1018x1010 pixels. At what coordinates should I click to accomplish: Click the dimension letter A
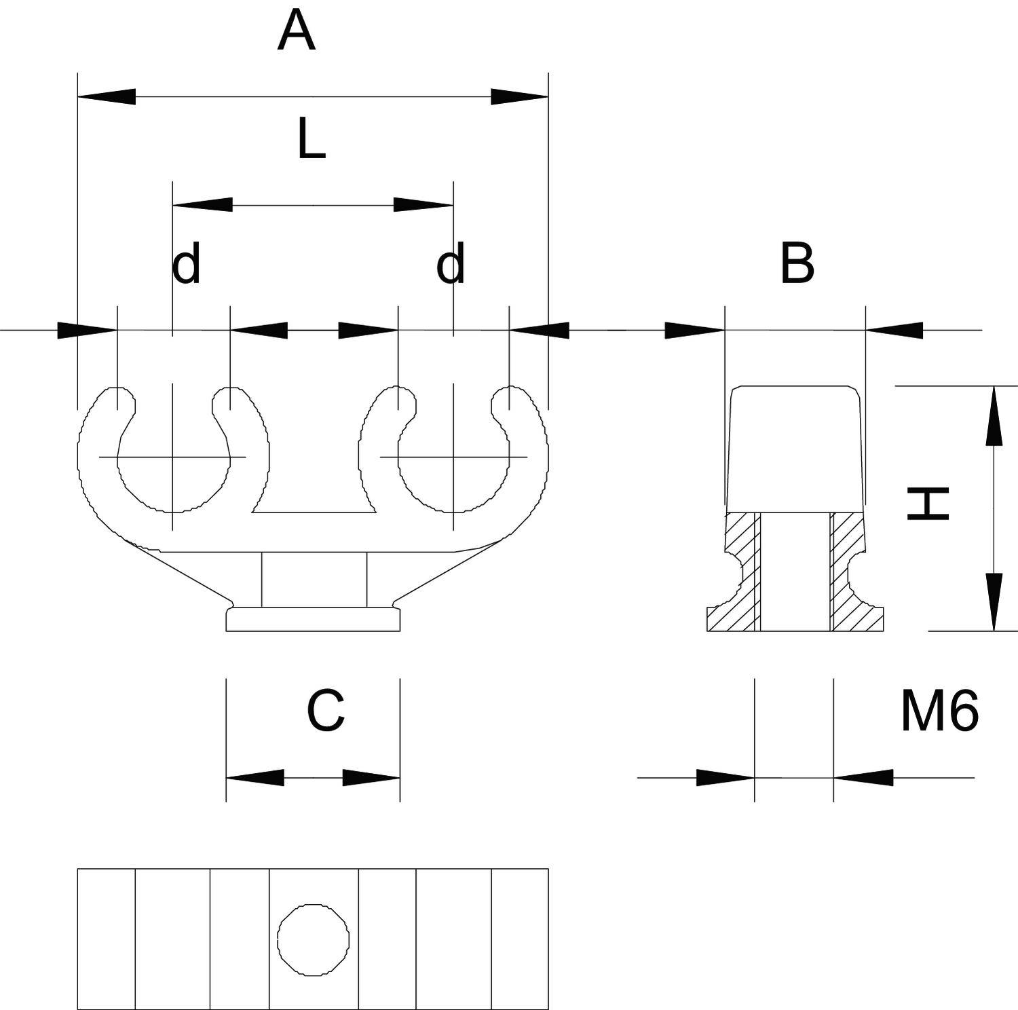297,32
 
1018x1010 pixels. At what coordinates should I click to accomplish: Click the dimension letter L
311,139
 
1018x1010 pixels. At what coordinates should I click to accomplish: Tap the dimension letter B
797,263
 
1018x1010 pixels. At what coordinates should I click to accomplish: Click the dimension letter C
326,711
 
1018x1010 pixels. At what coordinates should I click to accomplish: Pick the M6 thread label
939,711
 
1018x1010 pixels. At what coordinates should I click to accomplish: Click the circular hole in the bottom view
314,939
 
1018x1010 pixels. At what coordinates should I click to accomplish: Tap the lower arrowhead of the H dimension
994,601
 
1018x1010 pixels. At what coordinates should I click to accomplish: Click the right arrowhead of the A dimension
519,96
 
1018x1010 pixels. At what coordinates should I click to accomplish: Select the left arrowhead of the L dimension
202,204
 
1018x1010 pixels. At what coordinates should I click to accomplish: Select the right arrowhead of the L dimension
423,204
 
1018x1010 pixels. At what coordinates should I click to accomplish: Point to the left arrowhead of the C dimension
254,778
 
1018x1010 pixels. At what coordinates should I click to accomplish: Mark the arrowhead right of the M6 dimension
863,778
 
